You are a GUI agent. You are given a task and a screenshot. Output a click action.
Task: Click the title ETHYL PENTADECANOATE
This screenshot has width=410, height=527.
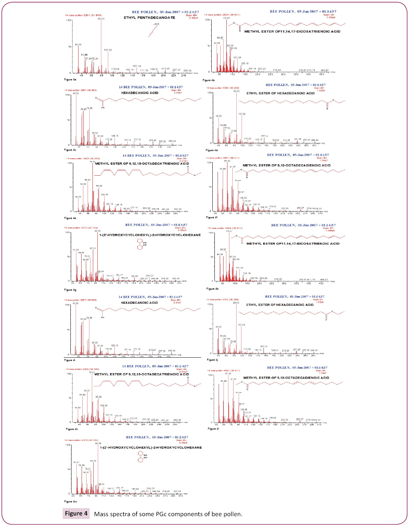[x=149, y=17]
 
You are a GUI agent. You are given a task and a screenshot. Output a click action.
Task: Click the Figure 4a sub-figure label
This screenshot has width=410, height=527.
[x=70, y=80]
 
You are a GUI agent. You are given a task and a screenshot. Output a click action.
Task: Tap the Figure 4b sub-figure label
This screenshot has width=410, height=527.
[x=209, y=80]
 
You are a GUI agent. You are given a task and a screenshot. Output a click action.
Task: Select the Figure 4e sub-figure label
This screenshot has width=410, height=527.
[x=70, y=218]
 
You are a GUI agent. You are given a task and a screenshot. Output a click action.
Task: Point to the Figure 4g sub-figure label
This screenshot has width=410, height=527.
[x=70, y=290]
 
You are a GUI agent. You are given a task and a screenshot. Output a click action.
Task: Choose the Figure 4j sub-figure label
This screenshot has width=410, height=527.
[x=212, y=360]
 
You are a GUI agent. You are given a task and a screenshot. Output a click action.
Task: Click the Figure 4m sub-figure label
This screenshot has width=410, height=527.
[x=70, y=501]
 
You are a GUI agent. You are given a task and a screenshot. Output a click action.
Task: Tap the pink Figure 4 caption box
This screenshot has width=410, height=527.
[x=76, y=514]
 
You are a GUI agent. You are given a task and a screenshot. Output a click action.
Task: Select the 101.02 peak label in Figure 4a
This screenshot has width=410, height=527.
[x=108, y=50]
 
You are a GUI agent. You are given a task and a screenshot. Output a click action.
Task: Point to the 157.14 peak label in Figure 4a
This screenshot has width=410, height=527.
[x=137, y=66]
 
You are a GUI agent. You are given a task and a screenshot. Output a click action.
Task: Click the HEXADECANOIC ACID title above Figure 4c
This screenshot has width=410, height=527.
[x=139, y=93]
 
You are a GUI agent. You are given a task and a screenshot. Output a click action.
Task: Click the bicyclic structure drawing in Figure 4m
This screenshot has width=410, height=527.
[x=141, y=457]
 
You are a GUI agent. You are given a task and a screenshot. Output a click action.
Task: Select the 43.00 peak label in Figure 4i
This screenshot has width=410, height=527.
[x=75, y=303]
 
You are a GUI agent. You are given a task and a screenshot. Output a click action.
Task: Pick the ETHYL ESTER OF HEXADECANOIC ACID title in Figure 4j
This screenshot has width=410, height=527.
[x=280, y=305]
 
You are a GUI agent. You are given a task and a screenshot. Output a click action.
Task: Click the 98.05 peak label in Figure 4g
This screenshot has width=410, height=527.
[x=97, y=231]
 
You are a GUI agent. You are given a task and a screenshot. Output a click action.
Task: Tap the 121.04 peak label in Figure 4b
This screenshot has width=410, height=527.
[x=237, y=57]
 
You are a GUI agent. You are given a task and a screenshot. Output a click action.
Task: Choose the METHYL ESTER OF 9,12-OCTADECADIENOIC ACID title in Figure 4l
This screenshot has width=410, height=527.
[x=286, y=378]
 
